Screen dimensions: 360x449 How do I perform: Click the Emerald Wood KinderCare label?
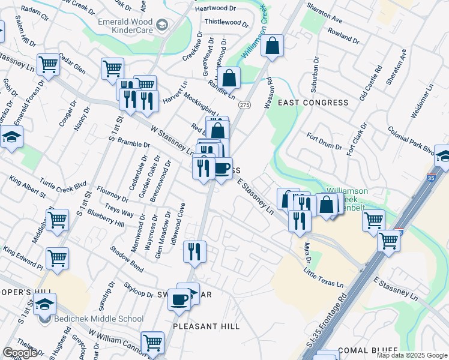point(126,25)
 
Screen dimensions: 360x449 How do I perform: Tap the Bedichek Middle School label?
point(96,319)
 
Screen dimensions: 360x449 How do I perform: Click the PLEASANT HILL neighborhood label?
point(206,326)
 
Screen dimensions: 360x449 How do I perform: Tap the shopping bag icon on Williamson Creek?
point(273,46)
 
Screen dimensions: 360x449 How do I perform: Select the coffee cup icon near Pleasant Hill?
point(178,299)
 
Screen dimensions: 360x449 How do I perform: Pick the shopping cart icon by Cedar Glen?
point(47,65)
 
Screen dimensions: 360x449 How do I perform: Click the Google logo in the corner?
point(20,353)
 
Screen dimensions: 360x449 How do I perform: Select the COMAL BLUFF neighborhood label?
point(368,350)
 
